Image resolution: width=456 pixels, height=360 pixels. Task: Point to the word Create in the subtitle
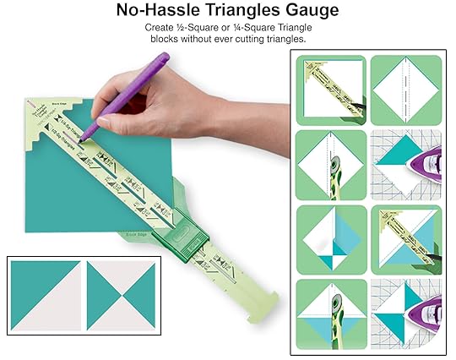point(162,29)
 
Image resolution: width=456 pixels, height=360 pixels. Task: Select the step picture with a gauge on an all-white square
point(331,90)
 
